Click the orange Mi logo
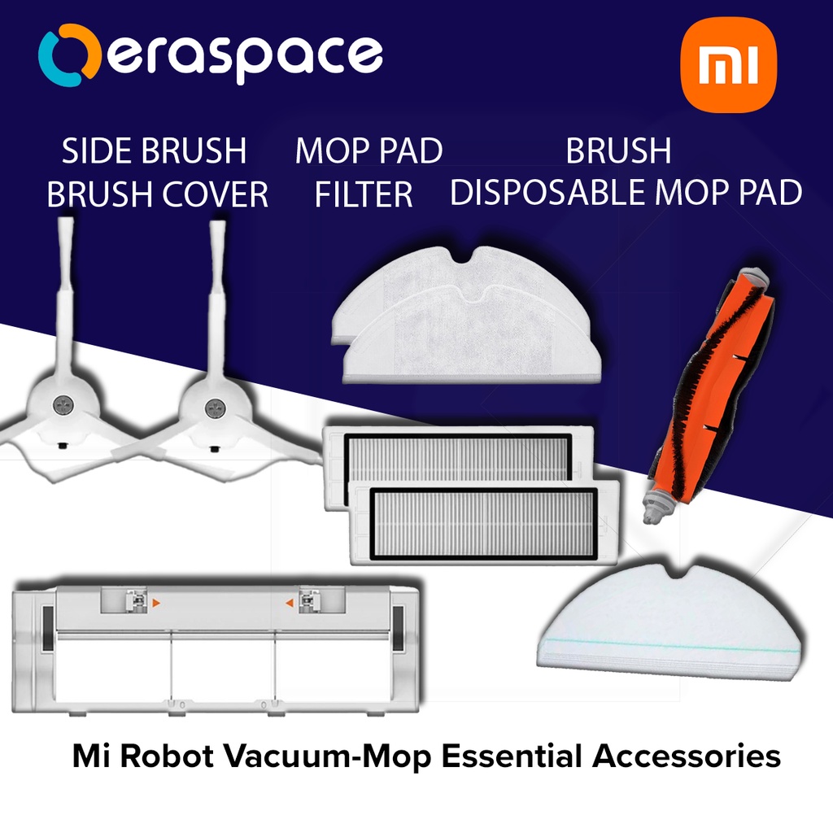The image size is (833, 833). click(727, 68)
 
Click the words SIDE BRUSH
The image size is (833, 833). click(155, 151)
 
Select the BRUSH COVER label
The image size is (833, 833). click(157, 195)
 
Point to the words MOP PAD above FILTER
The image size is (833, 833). click(369, 151)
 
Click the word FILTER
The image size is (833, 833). click(364, 195)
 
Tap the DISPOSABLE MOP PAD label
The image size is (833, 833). click(626, 194)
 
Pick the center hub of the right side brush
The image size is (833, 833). click(215, 404)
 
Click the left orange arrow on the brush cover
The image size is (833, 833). click(158, 603)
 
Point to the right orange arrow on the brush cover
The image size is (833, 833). click(287, 603)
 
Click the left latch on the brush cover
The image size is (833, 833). click(137, 602)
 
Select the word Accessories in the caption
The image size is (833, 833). click(686, 756)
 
